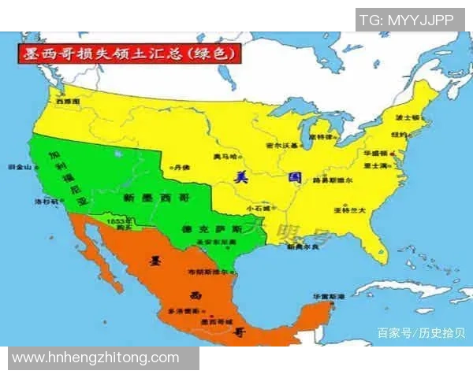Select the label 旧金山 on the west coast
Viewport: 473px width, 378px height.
[x=20, y=167]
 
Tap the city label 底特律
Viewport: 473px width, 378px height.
[x=322, y=136]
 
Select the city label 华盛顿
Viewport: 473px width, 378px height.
[x=376, y=153]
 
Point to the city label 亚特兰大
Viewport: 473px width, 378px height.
[x=349, y=210]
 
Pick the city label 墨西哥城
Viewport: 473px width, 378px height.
[x=218, y=321]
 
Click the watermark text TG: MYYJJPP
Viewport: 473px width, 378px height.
[x=407, y=20]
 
